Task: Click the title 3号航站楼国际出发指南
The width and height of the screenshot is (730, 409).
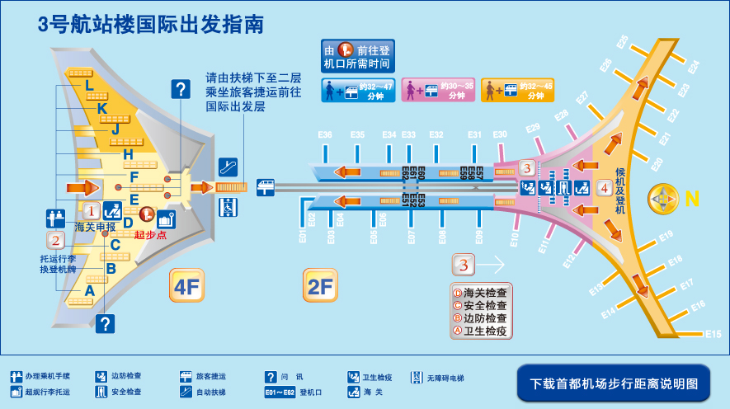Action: click(x=151, y=25)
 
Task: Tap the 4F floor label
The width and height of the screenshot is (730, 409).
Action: click(x=186, y=286)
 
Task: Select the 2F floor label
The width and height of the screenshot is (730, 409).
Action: click(x=319, y=286)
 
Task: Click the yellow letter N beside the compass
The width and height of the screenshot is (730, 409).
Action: click(x=692, y=199)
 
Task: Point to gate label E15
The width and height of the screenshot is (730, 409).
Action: click(x=713, y=334)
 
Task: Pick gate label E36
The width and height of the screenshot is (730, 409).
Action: click(x=325, y=135)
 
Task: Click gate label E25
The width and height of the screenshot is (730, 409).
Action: click(x=623, y=40)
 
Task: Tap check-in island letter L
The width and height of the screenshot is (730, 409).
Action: click(x=89, y=85)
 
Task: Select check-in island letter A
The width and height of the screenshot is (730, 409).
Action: click(x=89, y=290)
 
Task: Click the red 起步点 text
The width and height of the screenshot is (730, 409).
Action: click(x=150, y=235)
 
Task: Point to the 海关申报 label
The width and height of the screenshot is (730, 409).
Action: click(x=95, y=226)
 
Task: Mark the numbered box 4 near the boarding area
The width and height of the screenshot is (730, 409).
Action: click(x=604, y=188)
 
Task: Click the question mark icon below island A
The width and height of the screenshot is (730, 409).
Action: click(x=105, y=324)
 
